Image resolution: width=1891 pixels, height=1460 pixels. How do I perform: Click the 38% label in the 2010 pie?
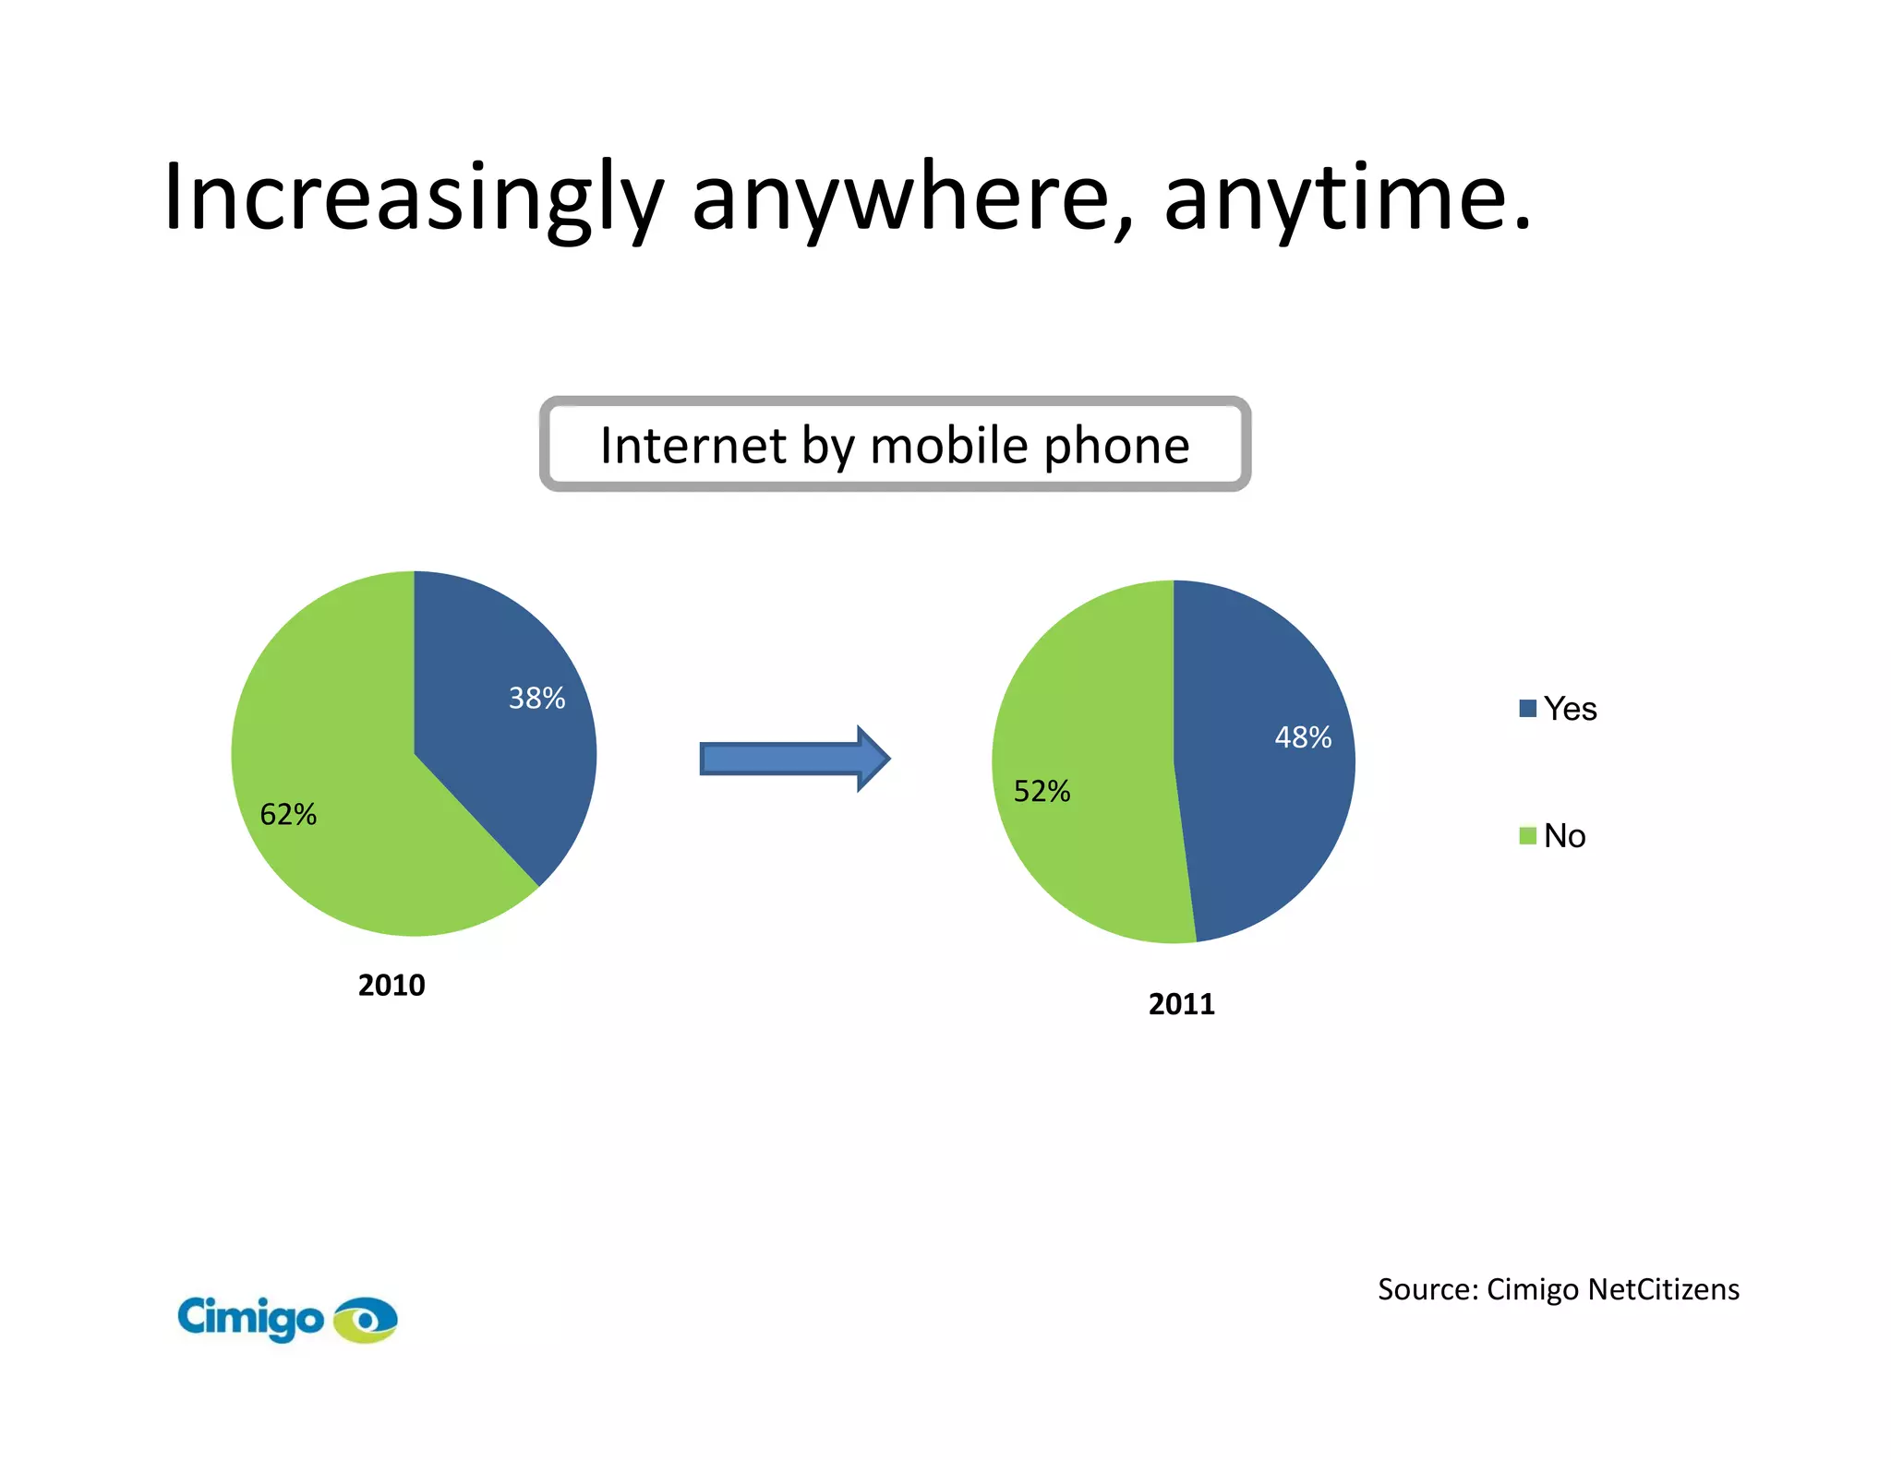[536, 698]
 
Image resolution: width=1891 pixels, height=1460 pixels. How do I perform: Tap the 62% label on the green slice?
[288, 814]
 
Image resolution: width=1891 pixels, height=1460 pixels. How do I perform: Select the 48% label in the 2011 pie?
[1303, 736]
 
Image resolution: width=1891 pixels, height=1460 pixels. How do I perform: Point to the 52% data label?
[1042, 791]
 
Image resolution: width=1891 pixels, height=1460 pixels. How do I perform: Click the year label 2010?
[391, 985]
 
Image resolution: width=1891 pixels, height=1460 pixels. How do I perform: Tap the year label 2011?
[1181, 1003]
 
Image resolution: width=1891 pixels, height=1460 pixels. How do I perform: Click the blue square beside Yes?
[1527, 708]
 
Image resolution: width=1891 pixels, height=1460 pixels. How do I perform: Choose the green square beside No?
[1527, 835]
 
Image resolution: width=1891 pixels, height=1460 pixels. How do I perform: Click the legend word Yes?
[1570, 708]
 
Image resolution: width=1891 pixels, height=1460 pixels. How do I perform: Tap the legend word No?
[1564, 835]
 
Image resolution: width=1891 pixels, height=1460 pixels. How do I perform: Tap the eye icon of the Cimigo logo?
[366, 1320]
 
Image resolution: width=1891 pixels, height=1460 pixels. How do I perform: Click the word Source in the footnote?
[1427, 1288]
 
